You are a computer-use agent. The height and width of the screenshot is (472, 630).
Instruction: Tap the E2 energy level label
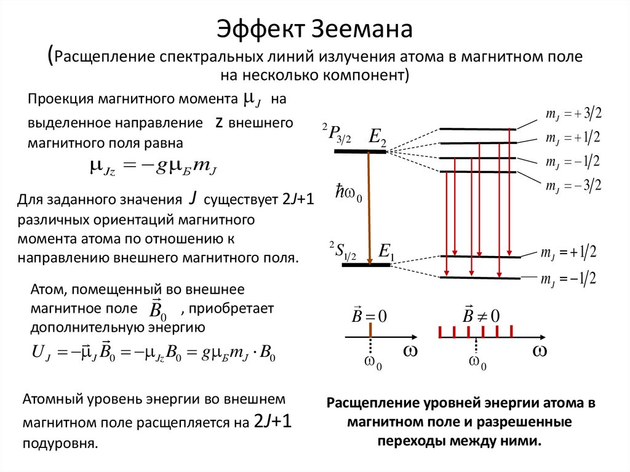coord(377,138)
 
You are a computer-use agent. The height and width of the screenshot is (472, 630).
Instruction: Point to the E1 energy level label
coord(387,251)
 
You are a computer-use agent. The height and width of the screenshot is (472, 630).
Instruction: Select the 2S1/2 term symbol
coord(343,252)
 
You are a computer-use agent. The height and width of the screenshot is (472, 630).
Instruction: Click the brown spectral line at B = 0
coord(371,330)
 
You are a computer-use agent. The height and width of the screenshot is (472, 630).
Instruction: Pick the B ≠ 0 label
coord(481,316)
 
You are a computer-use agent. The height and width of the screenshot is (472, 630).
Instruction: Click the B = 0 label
coord(369,316)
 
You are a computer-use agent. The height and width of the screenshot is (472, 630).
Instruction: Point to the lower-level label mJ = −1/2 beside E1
coord(569,279)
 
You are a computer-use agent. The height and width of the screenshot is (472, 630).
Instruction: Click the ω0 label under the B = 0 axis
coord(373,362)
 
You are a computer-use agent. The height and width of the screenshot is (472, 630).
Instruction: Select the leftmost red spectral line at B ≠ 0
coord(441,333)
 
